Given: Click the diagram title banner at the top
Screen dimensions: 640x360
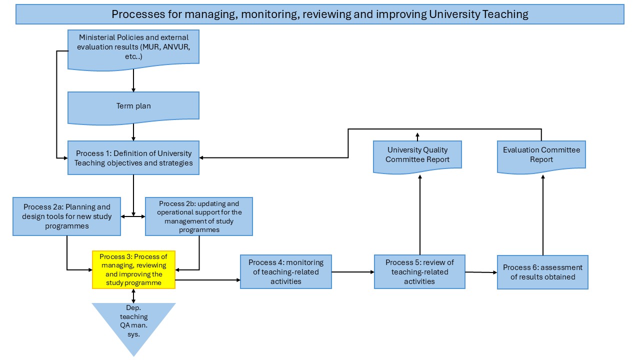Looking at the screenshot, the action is (x=320, y=14).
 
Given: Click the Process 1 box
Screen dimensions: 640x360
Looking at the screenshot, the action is (x=133, y=157).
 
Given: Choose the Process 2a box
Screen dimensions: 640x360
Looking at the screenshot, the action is (x=67, y=216).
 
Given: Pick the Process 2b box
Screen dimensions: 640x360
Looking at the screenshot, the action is (x=199, y=216).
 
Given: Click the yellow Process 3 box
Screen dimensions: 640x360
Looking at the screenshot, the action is (x=133, y=269).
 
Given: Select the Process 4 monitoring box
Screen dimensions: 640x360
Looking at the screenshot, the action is (x=286, y=271).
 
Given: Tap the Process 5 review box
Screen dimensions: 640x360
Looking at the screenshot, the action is (x=419, y=271).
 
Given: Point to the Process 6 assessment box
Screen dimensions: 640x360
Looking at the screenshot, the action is (x=543, y=272).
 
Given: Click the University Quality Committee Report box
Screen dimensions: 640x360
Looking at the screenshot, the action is (x=417, y=157).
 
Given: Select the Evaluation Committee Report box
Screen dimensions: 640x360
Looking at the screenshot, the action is (x=541, y=157).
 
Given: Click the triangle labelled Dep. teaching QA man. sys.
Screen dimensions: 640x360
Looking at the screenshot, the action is (x=133, y=323).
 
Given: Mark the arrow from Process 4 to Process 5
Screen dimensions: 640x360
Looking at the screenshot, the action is (x=353, y=272).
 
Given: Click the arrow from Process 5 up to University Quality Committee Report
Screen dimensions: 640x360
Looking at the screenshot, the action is (x=420, y=215).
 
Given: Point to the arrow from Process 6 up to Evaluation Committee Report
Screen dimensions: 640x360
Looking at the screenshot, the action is (x=543, y=215).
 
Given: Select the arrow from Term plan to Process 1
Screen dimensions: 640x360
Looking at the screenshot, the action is (x=133, y=132).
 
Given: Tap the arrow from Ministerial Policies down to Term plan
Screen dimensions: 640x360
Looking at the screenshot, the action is (x=133, y=80).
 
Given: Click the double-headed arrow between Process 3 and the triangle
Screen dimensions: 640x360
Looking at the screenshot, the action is (x=133, y=296).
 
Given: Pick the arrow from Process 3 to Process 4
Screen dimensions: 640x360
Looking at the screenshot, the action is (x=207, y=280).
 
